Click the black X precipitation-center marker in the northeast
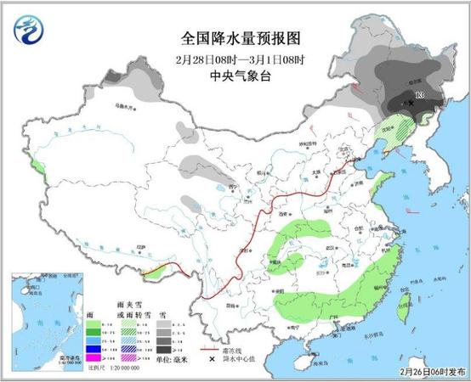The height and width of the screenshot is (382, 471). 411,104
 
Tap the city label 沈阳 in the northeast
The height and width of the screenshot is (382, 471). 389,131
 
